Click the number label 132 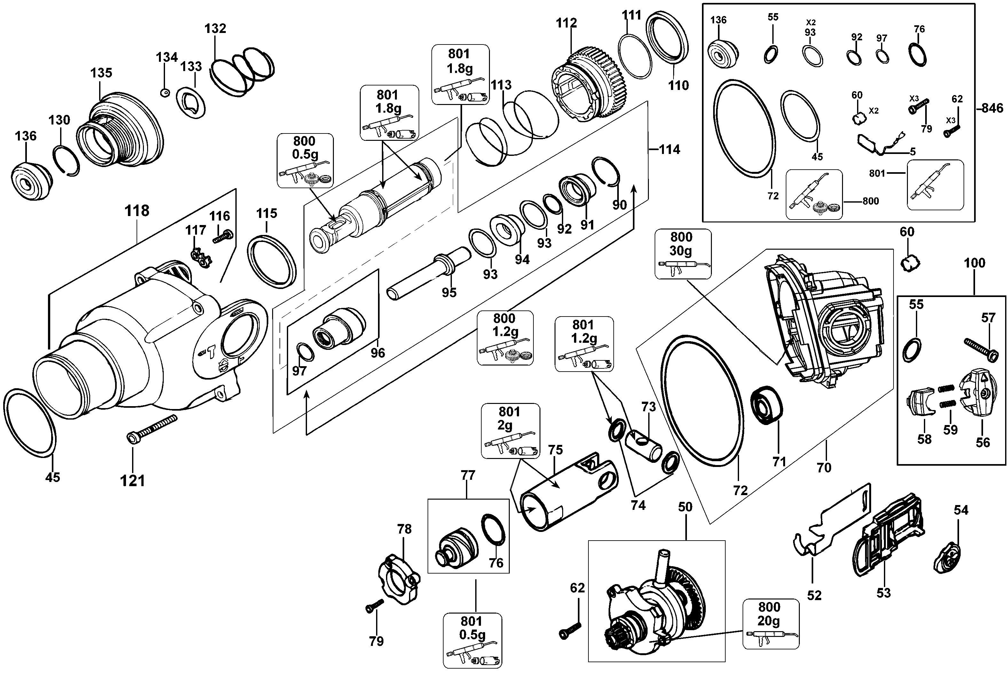[215, 28]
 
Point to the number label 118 [137, 211]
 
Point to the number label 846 [992, 108]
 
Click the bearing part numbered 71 [766, 406]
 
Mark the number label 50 [685, 507]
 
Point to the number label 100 [974, 263]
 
